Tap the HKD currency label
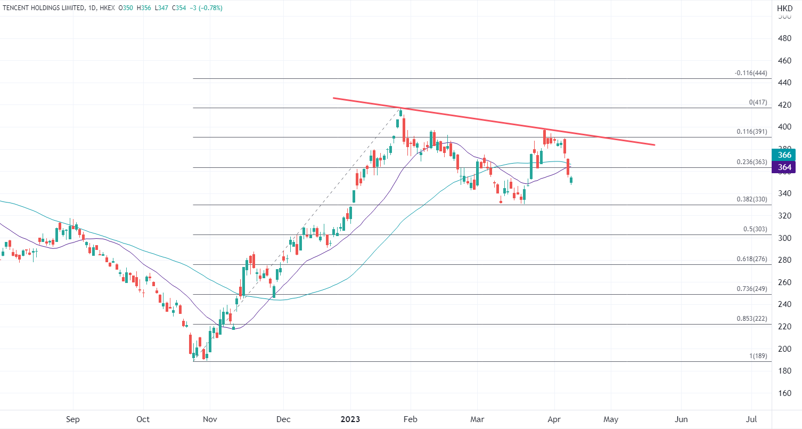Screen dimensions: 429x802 784,9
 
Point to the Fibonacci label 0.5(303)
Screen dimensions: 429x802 755,229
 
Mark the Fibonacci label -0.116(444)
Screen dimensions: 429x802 751,73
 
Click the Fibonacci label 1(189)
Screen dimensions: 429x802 758,356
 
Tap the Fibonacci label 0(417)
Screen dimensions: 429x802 758,102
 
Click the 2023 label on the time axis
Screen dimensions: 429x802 351,419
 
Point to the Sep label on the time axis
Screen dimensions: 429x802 73,419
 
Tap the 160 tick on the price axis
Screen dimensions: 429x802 784,393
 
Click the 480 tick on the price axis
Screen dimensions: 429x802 784,38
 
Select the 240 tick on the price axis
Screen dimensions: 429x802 784,304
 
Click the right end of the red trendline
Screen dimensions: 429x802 654,144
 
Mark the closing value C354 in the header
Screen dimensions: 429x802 182,8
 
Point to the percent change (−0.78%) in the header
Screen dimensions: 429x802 210,8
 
